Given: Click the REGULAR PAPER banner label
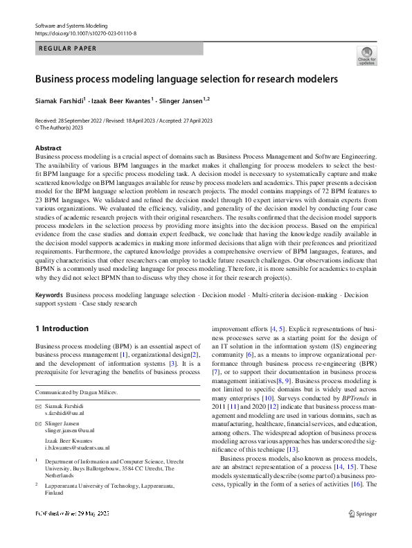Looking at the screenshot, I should coord(68,48).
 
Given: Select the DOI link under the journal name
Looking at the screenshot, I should coord(85,33).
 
